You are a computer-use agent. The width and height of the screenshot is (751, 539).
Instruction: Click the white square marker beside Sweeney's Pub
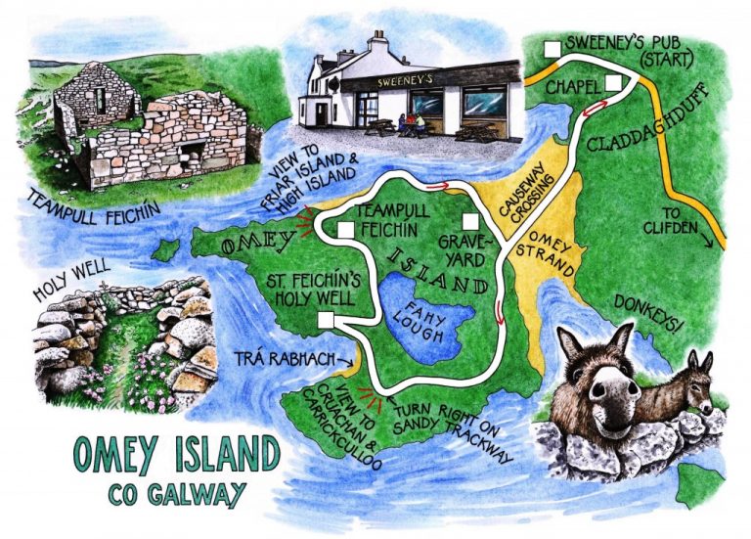tap(553, 48)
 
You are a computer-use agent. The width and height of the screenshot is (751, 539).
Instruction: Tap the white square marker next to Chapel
tap(613, 84)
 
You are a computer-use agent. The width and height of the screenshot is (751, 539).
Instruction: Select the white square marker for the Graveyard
tap(470, 220)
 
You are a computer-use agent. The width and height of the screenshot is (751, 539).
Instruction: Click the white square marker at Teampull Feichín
tap(344, 230)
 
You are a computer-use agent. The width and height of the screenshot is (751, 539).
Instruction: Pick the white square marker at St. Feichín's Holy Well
tap(327, 320)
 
